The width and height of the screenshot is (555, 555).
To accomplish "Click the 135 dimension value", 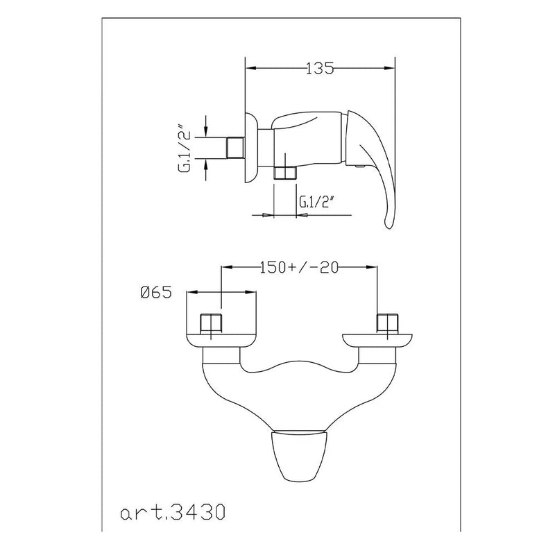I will [x=320, y=68].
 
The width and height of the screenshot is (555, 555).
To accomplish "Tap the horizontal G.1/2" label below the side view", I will [x=317, y=203].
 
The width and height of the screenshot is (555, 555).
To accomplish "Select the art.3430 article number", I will [x=176, y=514].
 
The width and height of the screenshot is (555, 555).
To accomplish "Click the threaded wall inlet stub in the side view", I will [x=236, y=148].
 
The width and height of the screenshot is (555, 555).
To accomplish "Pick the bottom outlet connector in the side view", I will [x=284, y=173].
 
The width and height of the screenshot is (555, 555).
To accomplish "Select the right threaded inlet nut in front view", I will [x=385, y=324].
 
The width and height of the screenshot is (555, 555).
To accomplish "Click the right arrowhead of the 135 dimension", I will [x=390, y=68].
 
